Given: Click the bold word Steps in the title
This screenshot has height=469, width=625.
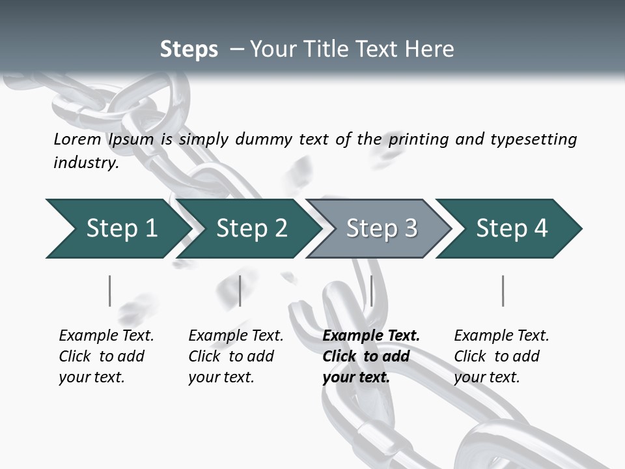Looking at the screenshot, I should click(189, 50).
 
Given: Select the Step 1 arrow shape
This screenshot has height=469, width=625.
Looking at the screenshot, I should click(117, 229).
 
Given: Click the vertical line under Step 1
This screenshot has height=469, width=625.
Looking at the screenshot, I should click(110, 291).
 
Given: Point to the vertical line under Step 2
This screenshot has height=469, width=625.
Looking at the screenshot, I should click(240, 291).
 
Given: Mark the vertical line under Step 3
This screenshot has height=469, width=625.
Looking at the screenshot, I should click(371, 291).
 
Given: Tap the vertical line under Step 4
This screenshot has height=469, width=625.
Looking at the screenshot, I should click(503, 291).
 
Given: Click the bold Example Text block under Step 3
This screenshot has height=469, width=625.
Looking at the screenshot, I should click(371, 356).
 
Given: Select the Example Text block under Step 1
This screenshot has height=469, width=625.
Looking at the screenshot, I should click(106, 356).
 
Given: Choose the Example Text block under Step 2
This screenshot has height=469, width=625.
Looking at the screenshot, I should click(236, 356).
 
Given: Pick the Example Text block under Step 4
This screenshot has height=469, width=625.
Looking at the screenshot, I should click(501, 356).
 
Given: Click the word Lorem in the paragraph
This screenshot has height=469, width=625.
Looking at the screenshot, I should click(77, 139).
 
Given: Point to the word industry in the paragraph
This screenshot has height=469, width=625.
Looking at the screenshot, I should click(85, 163).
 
